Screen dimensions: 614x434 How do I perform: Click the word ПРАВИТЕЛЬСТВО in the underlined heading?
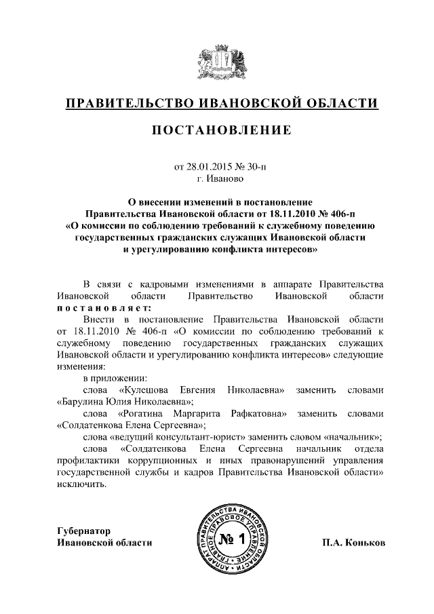coord(125,103)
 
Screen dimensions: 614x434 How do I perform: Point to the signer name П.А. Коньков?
coord(355,542)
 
